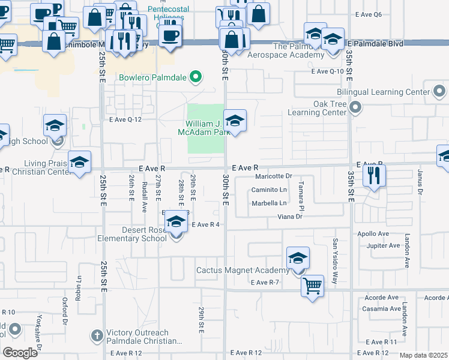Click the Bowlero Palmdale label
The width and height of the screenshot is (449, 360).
[152, 77]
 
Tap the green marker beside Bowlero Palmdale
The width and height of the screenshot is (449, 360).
[194, 77]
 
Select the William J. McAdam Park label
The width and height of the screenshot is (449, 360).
[205, 128]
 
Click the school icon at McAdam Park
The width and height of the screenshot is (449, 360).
[235, 120]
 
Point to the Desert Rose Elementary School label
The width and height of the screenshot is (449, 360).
[132, 234]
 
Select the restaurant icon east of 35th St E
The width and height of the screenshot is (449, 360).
[373, 176]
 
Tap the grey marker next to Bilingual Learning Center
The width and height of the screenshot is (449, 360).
[439, 92]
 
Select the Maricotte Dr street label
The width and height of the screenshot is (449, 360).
[273, 176]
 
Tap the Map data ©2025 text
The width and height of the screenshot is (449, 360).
[423, 355]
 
